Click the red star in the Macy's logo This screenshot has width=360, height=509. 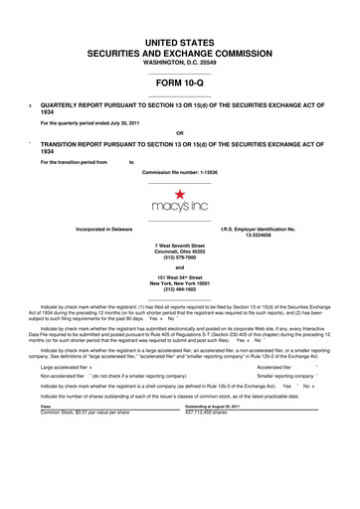179,194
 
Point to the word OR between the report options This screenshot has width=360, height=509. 179,133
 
